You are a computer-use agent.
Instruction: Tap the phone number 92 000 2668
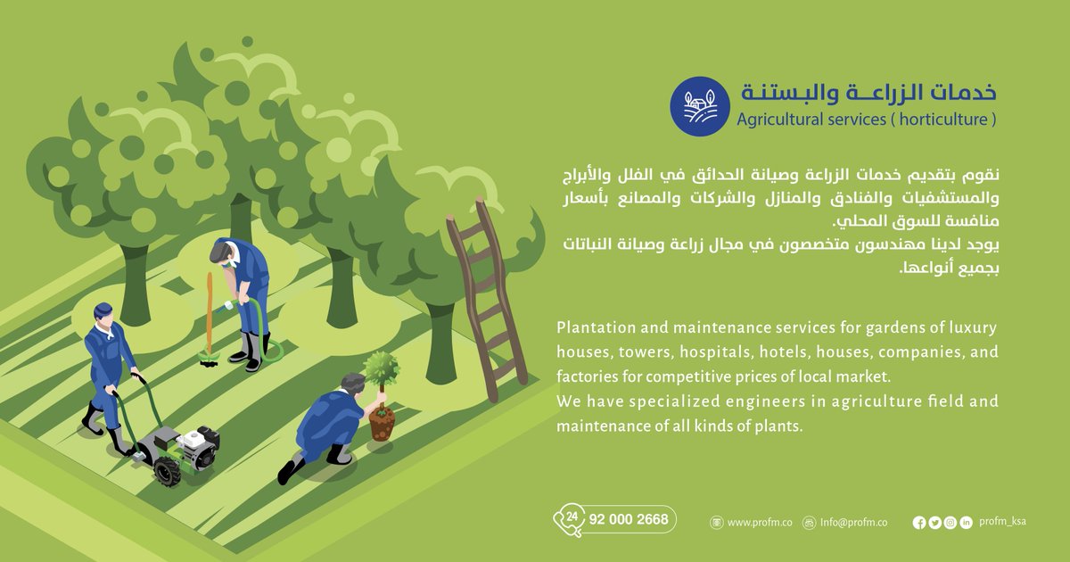630,520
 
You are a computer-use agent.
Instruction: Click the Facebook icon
919,523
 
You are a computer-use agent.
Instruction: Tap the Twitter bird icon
934,523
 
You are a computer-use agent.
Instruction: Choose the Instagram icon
951,523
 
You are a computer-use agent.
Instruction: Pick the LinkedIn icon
966,523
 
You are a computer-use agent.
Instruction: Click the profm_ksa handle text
1002,522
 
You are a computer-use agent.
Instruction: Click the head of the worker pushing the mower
103,314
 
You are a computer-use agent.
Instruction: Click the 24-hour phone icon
569,520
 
